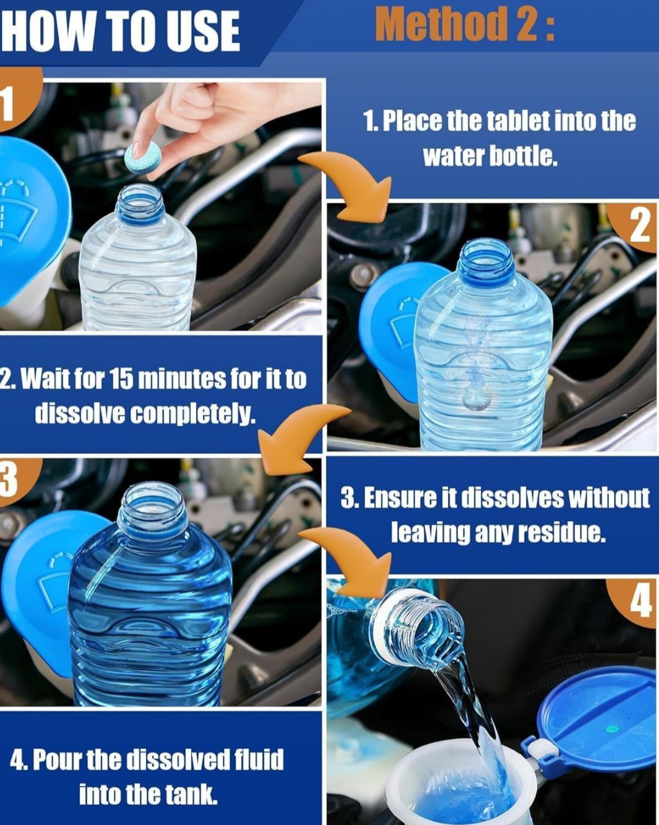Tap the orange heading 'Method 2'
[x=465, y=25]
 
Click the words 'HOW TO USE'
[x=119, y=31]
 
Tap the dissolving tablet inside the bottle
[x=476, y=400]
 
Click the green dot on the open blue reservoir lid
[x=613, y=729]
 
